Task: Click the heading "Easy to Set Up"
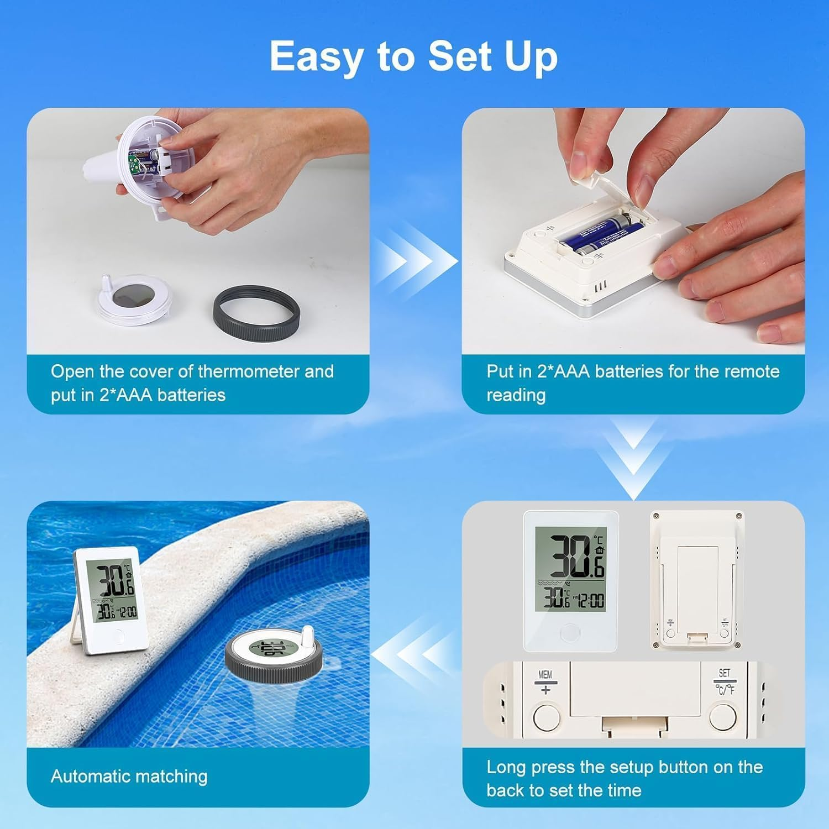413,57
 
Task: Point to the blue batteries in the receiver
602,235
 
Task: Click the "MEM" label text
545,674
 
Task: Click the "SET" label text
724,673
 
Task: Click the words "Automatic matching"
129,776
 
